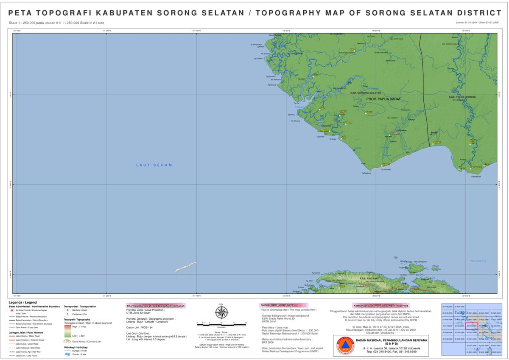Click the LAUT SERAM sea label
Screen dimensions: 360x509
pyautogui.click(x=154, y=165)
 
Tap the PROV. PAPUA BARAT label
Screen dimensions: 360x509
pyautogui.click(x=383, y=99)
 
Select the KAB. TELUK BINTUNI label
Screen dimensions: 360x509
pyautogui.click(x=462, y=97)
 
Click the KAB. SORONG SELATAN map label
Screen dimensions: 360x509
pyautogui.click(x=366, y=93)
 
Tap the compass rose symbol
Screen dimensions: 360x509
pyautogui.click(x=221, y=312)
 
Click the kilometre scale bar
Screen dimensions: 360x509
pyautogui.click(x=221, y=324)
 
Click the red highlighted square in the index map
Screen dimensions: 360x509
pyautogui.click(x=472, y=326)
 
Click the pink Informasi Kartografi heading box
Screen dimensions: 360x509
pyautogui.click(x=156, y=306)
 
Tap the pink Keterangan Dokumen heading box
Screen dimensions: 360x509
pyautogui.click(x=380, y=306)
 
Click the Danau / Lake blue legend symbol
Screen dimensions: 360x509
pyautogui.click(x=67, y=354)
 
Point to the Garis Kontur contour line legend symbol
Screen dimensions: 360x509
pyautogui.click(x=67, y=341)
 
